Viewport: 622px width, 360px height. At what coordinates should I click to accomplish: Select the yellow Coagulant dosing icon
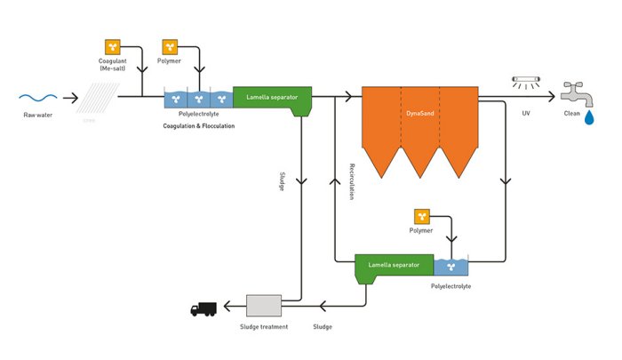pyautogui.click(x=112, y=47)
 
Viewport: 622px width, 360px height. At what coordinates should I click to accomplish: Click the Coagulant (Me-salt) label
pyautogui.click(x=113, y=65)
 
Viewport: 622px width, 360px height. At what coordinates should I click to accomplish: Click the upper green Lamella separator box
pyautogui.click(x=271, y=98)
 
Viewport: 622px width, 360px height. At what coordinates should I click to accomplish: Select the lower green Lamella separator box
pyautogui.click(x=394, y=265)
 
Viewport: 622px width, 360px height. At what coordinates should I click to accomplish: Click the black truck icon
pyautogui.click(x=203, y=309)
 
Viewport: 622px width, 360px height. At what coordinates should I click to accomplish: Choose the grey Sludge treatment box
pyautogui.click(x=263, y=307)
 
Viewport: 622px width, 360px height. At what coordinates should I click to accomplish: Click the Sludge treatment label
pyautogui.click(x=263, y=326)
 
